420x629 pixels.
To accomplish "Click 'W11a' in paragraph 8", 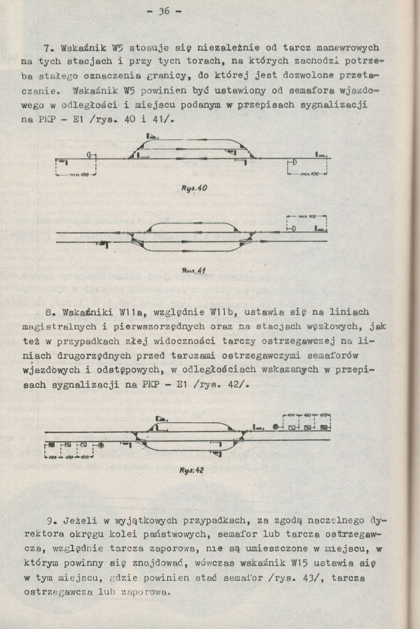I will coord(136,312).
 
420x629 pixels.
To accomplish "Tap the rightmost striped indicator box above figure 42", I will coord(324,427).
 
